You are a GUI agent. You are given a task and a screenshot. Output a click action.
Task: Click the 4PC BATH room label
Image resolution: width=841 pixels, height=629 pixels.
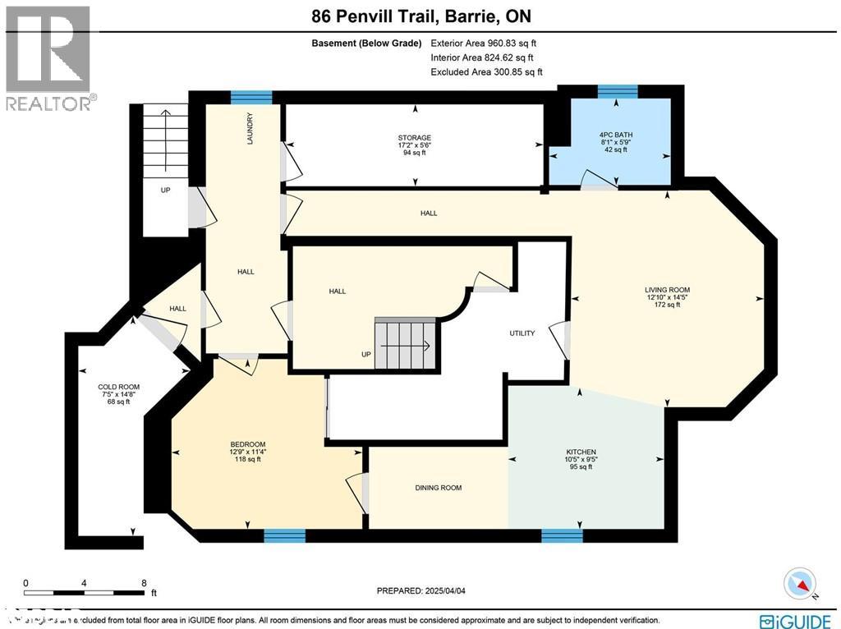tap(616, 135)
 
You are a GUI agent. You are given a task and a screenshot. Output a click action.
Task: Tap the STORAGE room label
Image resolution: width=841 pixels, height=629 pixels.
tap(415, 138)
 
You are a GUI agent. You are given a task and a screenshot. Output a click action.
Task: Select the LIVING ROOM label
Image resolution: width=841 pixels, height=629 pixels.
tap(667, 290)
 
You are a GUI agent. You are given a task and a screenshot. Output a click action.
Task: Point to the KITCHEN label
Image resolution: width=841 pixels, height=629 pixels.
tap(581, 452)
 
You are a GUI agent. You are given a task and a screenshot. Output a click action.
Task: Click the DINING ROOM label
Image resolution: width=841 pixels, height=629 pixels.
tap(438, 488)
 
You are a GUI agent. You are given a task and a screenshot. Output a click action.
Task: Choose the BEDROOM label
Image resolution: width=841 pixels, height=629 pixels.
tap(248, 444)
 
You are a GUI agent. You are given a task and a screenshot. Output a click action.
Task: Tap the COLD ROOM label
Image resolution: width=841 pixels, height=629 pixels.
tap(118, 387)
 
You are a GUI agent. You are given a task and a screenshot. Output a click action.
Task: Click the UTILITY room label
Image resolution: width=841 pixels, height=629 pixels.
tap(522, 333)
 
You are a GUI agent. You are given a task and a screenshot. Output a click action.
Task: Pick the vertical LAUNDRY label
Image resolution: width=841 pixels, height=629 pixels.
tap(250, 129)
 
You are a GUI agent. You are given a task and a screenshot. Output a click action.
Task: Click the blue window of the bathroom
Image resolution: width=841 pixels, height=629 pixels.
tap(617, 90)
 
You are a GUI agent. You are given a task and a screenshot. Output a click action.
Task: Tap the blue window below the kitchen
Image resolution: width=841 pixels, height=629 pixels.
tap(562, 536)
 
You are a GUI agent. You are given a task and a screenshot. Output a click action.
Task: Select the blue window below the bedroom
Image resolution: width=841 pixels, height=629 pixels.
tap(284, 536)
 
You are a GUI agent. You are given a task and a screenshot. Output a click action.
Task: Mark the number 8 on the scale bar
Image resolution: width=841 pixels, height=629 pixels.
tap(145, 582)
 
